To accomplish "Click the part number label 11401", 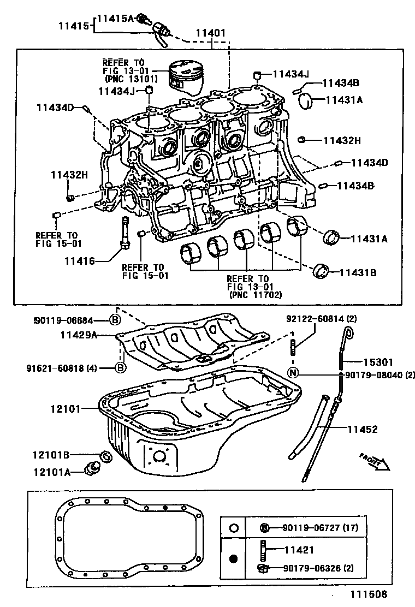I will (x=210, y=33).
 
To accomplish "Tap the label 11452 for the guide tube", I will (x=363, y=430).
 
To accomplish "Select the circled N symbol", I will (x=293, y=373).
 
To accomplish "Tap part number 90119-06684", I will (x=70, y=320).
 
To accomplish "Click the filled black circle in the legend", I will (x=233, y=558).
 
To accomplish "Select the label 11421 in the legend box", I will (x=298, y=550).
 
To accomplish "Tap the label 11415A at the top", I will (x=116, y=19).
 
